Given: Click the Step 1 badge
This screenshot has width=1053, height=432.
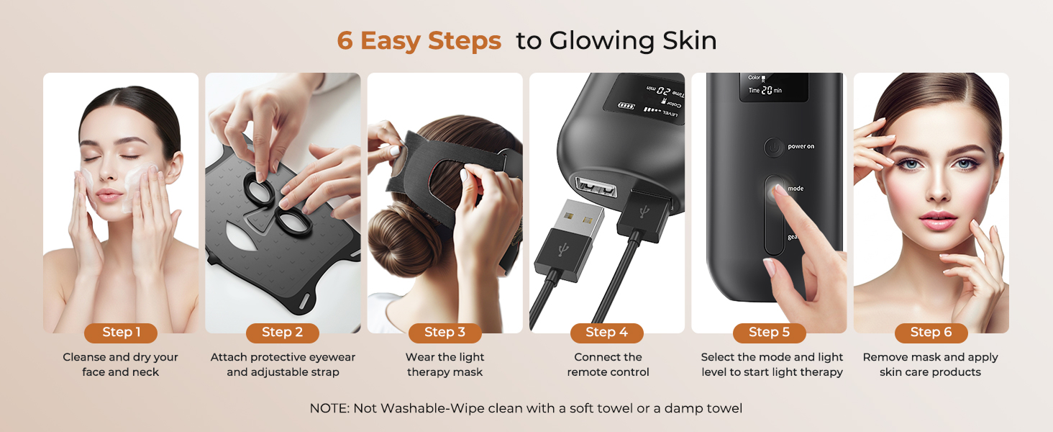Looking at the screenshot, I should click(x=120, y=333).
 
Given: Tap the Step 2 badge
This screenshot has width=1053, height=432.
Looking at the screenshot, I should click(x=282, y=333).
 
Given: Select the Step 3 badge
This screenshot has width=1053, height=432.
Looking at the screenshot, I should click(x=445, y=333).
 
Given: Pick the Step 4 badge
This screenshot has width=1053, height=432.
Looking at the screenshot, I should click(x=606, y=333).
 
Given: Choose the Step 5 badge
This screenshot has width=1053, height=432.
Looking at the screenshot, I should click(x=769, y=333).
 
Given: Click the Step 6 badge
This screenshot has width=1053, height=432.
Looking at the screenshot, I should click(x=931, y=333).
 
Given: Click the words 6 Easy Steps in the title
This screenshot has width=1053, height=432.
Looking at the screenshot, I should click(x=419, y=41).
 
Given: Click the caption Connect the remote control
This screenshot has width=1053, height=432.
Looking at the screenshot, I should click(x=608, y=365).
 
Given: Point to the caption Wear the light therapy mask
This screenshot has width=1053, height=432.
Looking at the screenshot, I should click(x=445, y=365).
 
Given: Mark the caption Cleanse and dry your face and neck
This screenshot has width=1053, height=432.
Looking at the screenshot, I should click(x=120, y=365).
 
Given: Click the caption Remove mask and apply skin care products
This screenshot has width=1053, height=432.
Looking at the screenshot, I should click(x=931, y=365).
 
